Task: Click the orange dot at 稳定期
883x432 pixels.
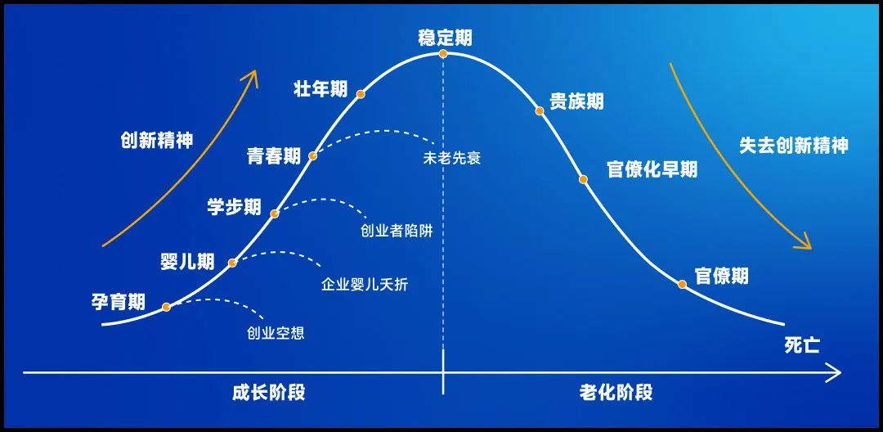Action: point(443,54)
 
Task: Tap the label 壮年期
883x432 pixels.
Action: point(320,89)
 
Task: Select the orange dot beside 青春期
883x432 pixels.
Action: point(312,155)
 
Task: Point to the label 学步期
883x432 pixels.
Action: point(234,206)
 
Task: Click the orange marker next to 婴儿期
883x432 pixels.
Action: point(232,263)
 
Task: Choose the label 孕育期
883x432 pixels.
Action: point(119,301)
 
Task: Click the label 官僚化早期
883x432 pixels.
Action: point(652,169)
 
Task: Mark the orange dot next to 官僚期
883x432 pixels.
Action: point(682,284)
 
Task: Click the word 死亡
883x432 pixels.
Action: point(801,345)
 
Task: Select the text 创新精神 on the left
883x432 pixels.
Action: point(156,139)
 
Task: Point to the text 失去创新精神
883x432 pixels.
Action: point(793,146)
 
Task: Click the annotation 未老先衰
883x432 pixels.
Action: point(451,158)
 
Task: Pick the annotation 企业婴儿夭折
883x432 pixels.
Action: point(365,284)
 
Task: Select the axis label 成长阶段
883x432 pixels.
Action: point(268,392)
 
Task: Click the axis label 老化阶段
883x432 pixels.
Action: point(616,392)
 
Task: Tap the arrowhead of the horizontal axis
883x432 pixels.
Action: point(836,374)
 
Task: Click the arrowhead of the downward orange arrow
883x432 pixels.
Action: point(805,243)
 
